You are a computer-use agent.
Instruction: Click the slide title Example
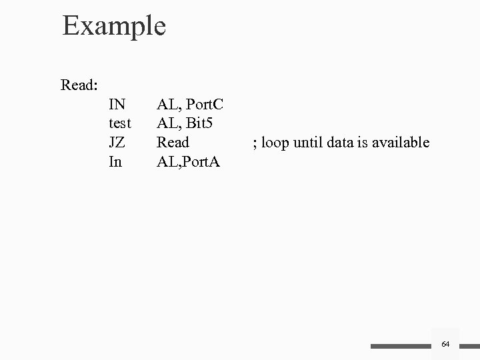coord(114,27)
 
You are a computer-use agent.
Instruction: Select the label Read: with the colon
coord(80,85)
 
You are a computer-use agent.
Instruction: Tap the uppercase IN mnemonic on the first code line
coord(117,104)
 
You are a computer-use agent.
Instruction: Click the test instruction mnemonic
coord(119,123)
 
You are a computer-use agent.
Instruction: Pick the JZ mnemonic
coord(116,142)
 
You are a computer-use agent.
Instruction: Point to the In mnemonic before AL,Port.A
coord(115,161)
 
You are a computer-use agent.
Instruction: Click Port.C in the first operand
coord(205,104)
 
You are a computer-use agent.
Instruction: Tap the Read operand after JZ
coord(173,142)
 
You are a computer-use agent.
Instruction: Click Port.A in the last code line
coord(203,161)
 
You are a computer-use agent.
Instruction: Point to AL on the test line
coord(166,123)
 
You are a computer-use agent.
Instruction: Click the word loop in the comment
coord(275,143)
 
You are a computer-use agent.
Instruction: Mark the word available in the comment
coord(402,142)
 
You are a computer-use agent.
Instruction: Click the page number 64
coord(446,344)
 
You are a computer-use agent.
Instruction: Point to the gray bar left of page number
coord(401,347)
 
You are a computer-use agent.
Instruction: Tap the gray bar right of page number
coord(470,347)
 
